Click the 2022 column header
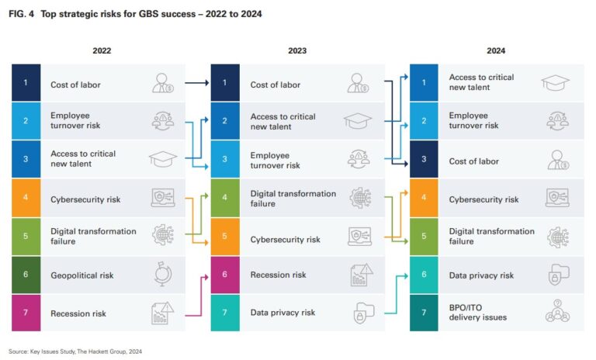[102, 50]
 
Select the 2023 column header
[296, 50]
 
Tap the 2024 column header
[496, 50]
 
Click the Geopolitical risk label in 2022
[82, 275]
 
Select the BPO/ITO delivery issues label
[478, 312]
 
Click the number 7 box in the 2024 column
[424, 312]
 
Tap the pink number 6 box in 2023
[225, 275]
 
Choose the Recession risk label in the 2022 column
[78, 313]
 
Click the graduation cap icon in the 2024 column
[556, 83]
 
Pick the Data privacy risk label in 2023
[282, 312]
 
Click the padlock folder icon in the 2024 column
[557, 275]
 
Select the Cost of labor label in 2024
[473, 161]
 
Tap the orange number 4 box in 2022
[26, 199]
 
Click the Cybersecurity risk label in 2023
[285, 240]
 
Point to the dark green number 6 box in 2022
[26, 275]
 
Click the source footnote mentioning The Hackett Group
[75, 351]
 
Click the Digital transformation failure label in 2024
[491, 236]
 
